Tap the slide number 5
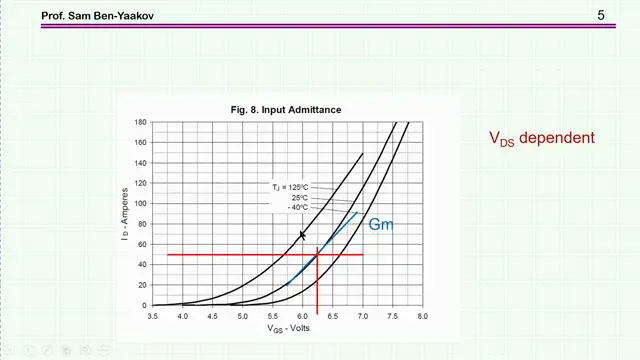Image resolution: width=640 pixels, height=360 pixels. (x=601, y=14)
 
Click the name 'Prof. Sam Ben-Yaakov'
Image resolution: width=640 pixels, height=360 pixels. (x=95, y=16)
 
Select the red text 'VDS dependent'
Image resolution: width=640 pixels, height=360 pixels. (x=541, y=138)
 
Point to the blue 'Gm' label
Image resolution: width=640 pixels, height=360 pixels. (x=380, y=224)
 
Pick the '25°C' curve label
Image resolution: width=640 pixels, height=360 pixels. (x=300, y=197)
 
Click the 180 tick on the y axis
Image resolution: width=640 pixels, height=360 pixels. (x=141, y=122)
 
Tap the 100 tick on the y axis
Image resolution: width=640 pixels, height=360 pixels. (x=141, y=204)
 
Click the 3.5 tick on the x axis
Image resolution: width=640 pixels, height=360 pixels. (x=153, y=316)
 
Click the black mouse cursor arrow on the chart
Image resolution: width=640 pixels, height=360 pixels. (x=302, y=235)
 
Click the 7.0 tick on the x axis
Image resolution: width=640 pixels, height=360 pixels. (x=362, y=316)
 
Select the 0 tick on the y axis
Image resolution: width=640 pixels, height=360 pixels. (x=144, y=305)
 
